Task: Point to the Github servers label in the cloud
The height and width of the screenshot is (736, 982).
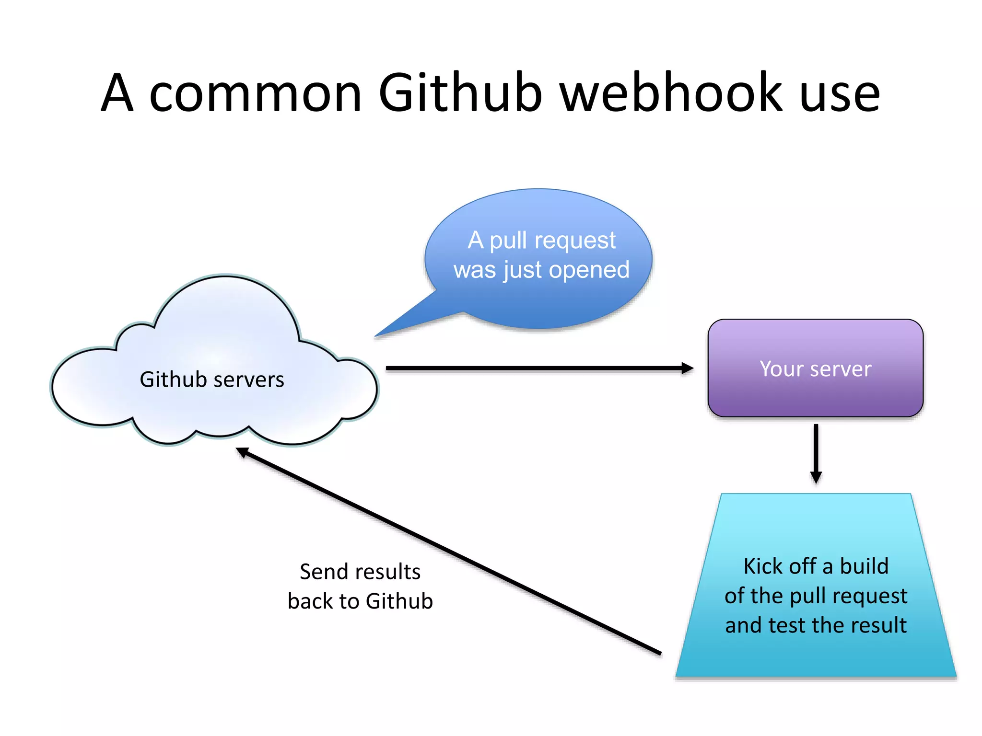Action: (x=211, y=379)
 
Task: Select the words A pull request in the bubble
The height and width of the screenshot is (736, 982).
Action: (x=541, y=241)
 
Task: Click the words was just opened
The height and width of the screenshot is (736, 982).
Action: (x=541, y=270)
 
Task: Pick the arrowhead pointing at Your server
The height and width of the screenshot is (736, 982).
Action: (x=688, y=368)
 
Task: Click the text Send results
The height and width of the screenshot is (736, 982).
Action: (x=360, y=572)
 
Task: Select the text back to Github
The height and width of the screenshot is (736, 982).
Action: (x=360, y=601)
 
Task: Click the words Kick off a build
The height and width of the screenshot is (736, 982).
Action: (x=816, y=566)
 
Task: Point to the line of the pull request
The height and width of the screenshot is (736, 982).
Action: (x=816, y=596)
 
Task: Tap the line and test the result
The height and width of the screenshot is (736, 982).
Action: (x=816, y=625)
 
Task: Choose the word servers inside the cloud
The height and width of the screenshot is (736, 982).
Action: (x=249, y=380)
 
